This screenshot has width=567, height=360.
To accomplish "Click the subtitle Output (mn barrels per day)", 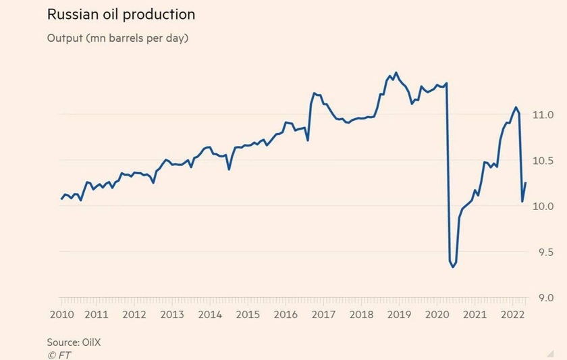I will click(x=117, y=38).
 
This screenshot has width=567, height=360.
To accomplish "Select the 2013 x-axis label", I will click(x=172, y=315).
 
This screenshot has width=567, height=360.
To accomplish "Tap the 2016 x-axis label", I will click(x=286, y=315).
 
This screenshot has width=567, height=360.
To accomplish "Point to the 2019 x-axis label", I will click(x=399, y=315).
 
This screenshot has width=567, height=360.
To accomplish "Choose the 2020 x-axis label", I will click(x=436, y=315).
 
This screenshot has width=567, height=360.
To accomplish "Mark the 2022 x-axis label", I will click(x=512, y=315).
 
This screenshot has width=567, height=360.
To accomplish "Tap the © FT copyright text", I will click(x=59, y=353).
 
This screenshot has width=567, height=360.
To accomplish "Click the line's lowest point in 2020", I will click(x=453, y=267).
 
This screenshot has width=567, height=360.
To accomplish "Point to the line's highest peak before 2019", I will click(x=396, y=72).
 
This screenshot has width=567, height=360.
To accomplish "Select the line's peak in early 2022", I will click(x=516, y=107).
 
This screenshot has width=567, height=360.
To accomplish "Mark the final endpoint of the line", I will click(x=526, y=183).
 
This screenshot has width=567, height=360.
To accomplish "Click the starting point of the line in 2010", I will click(x=61, y=199).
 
